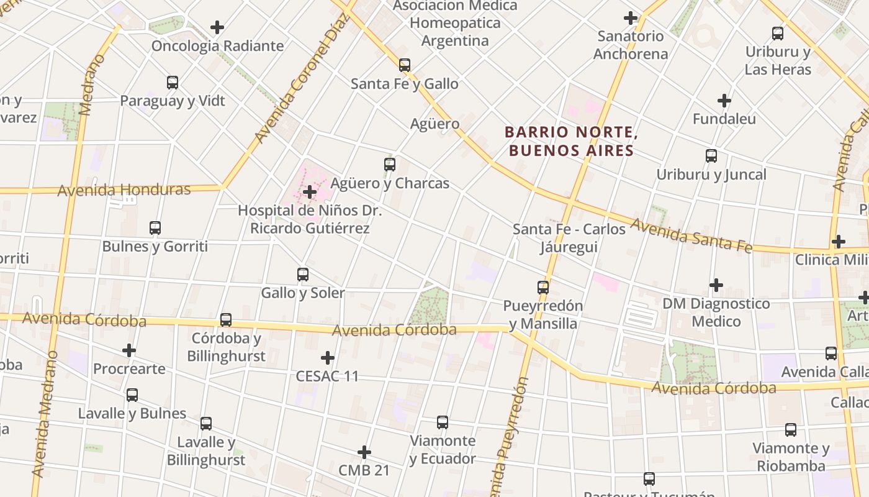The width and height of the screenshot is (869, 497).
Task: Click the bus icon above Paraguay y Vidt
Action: pyautogui.click(x=173, y=82)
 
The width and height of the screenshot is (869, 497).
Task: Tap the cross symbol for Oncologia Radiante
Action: pyautogui.click(x=217, y=27)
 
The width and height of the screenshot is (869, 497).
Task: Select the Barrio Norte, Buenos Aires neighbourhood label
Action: pyautogui.click(x=571, y=141)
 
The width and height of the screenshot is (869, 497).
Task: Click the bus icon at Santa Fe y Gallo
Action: pyautogui.click(x=405, y=65)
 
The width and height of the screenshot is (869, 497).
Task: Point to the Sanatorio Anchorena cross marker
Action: pyautogui.click(x=631, y=18)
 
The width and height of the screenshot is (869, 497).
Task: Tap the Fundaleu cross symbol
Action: pyautogui.click(x=724, y=100)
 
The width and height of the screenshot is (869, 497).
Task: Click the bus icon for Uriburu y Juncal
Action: pyautogui.click(x=711, y=156)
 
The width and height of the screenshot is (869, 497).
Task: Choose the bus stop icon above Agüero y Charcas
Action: pyautogui.click(x=390, y=165)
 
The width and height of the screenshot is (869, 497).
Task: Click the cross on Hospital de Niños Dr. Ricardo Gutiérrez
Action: pyautogui.click(x=310, y=192)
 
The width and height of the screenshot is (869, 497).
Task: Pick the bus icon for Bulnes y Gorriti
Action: pyautogui.click(x=155, y=228)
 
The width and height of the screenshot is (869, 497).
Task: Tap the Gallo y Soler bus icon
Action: pyautogui.click(x=303, y=274)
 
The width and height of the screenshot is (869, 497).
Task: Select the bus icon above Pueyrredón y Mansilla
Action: pyautogui.click(x=543, y=288)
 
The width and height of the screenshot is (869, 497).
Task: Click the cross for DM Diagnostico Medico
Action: pyautogui.click(x=716, y=285)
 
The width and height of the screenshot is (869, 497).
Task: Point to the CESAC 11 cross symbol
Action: pyautogui.click(x=328, y=358)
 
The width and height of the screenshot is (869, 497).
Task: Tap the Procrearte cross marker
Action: pyautogui.click(x=129, y=350)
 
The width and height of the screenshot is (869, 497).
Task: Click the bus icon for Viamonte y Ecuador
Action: pyautogui.click(x=443, y=422)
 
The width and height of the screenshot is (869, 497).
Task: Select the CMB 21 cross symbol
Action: pyautogui.click(x=364, y=452)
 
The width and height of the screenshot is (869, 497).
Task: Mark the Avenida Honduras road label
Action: pyautogui.click(x=124, y=189)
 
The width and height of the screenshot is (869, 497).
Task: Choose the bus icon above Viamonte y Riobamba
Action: pyautogui.click(x=791, y=429)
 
